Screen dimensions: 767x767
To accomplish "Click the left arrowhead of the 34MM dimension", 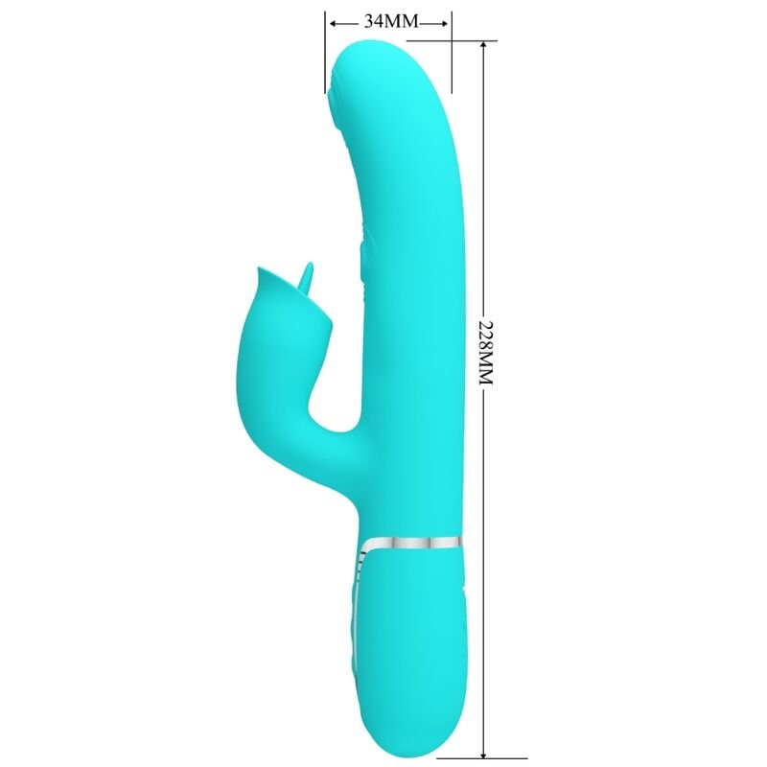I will pyautogui.click(x=331, y=22).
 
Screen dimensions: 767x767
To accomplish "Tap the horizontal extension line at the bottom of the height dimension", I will pyautogui.click(x=455, y=757).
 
